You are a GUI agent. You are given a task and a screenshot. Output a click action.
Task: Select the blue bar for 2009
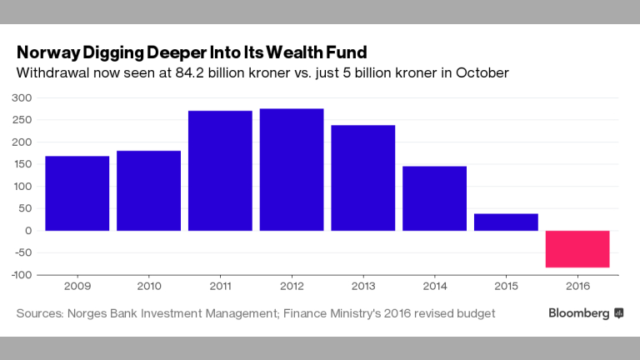coord(77,192)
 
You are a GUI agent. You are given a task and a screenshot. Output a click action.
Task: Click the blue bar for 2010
coord(148,190)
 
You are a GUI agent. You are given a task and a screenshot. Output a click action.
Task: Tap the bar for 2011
coord(220,170)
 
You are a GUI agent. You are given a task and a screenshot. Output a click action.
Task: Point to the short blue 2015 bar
coord(506,222)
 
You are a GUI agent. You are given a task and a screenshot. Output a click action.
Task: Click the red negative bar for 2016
coord(577,249)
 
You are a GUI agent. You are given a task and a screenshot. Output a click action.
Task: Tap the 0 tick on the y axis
coord(27,231)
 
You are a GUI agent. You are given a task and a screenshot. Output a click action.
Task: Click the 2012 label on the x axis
coord(292,287)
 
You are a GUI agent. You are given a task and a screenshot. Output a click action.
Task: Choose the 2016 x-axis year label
coord(577,287)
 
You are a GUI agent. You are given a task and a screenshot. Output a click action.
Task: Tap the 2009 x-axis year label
coord(77,287)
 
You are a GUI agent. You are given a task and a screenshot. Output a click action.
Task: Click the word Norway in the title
coord(49,52)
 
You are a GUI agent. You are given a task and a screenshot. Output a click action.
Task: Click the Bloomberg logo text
coord(578,313)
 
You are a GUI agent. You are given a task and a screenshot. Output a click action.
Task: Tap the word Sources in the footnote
coord(41,313)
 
